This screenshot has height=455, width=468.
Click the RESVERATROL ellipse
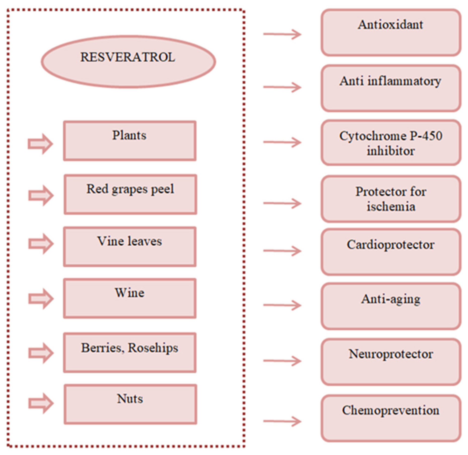128,62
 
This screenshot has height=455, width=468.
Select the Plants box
130,141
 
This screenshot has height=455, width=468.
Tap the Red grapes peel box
130,194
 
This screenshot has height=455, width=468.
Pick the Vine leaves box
130,247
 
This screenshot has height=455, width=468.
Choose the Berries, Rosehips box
130,352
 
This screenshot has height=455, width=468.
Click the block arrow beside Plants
40,144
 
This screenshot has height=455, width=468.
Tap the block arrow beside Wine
41,298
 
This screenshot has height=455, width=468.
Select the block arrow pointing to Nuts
41,403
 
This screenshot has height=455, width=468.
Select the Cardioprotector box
391,252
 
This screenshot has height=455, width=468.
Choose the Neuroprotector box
391,362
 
